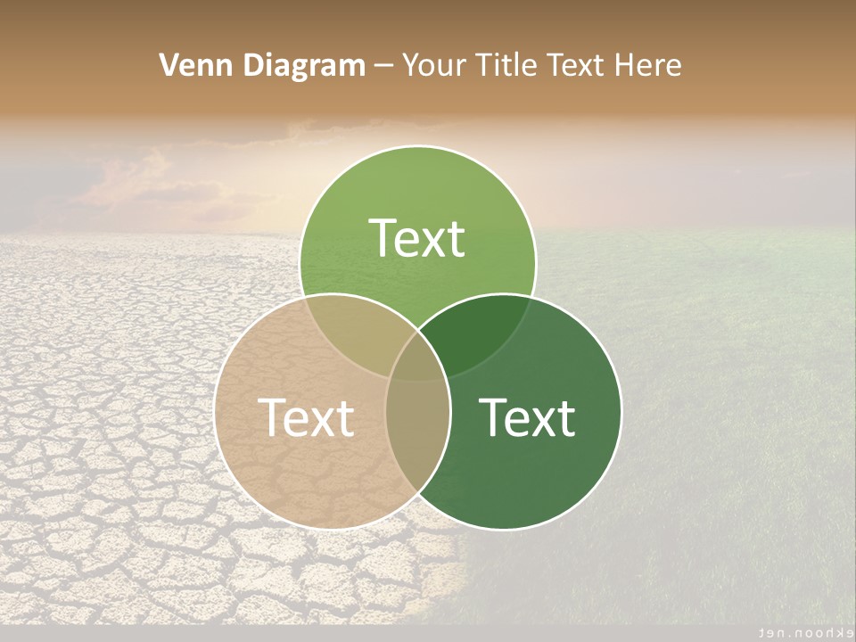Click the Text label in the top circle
417,238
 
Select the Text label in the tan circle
306,417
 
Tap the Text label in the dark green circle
528,417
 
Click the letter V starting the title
168,65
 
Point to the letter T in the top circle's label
383,238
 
